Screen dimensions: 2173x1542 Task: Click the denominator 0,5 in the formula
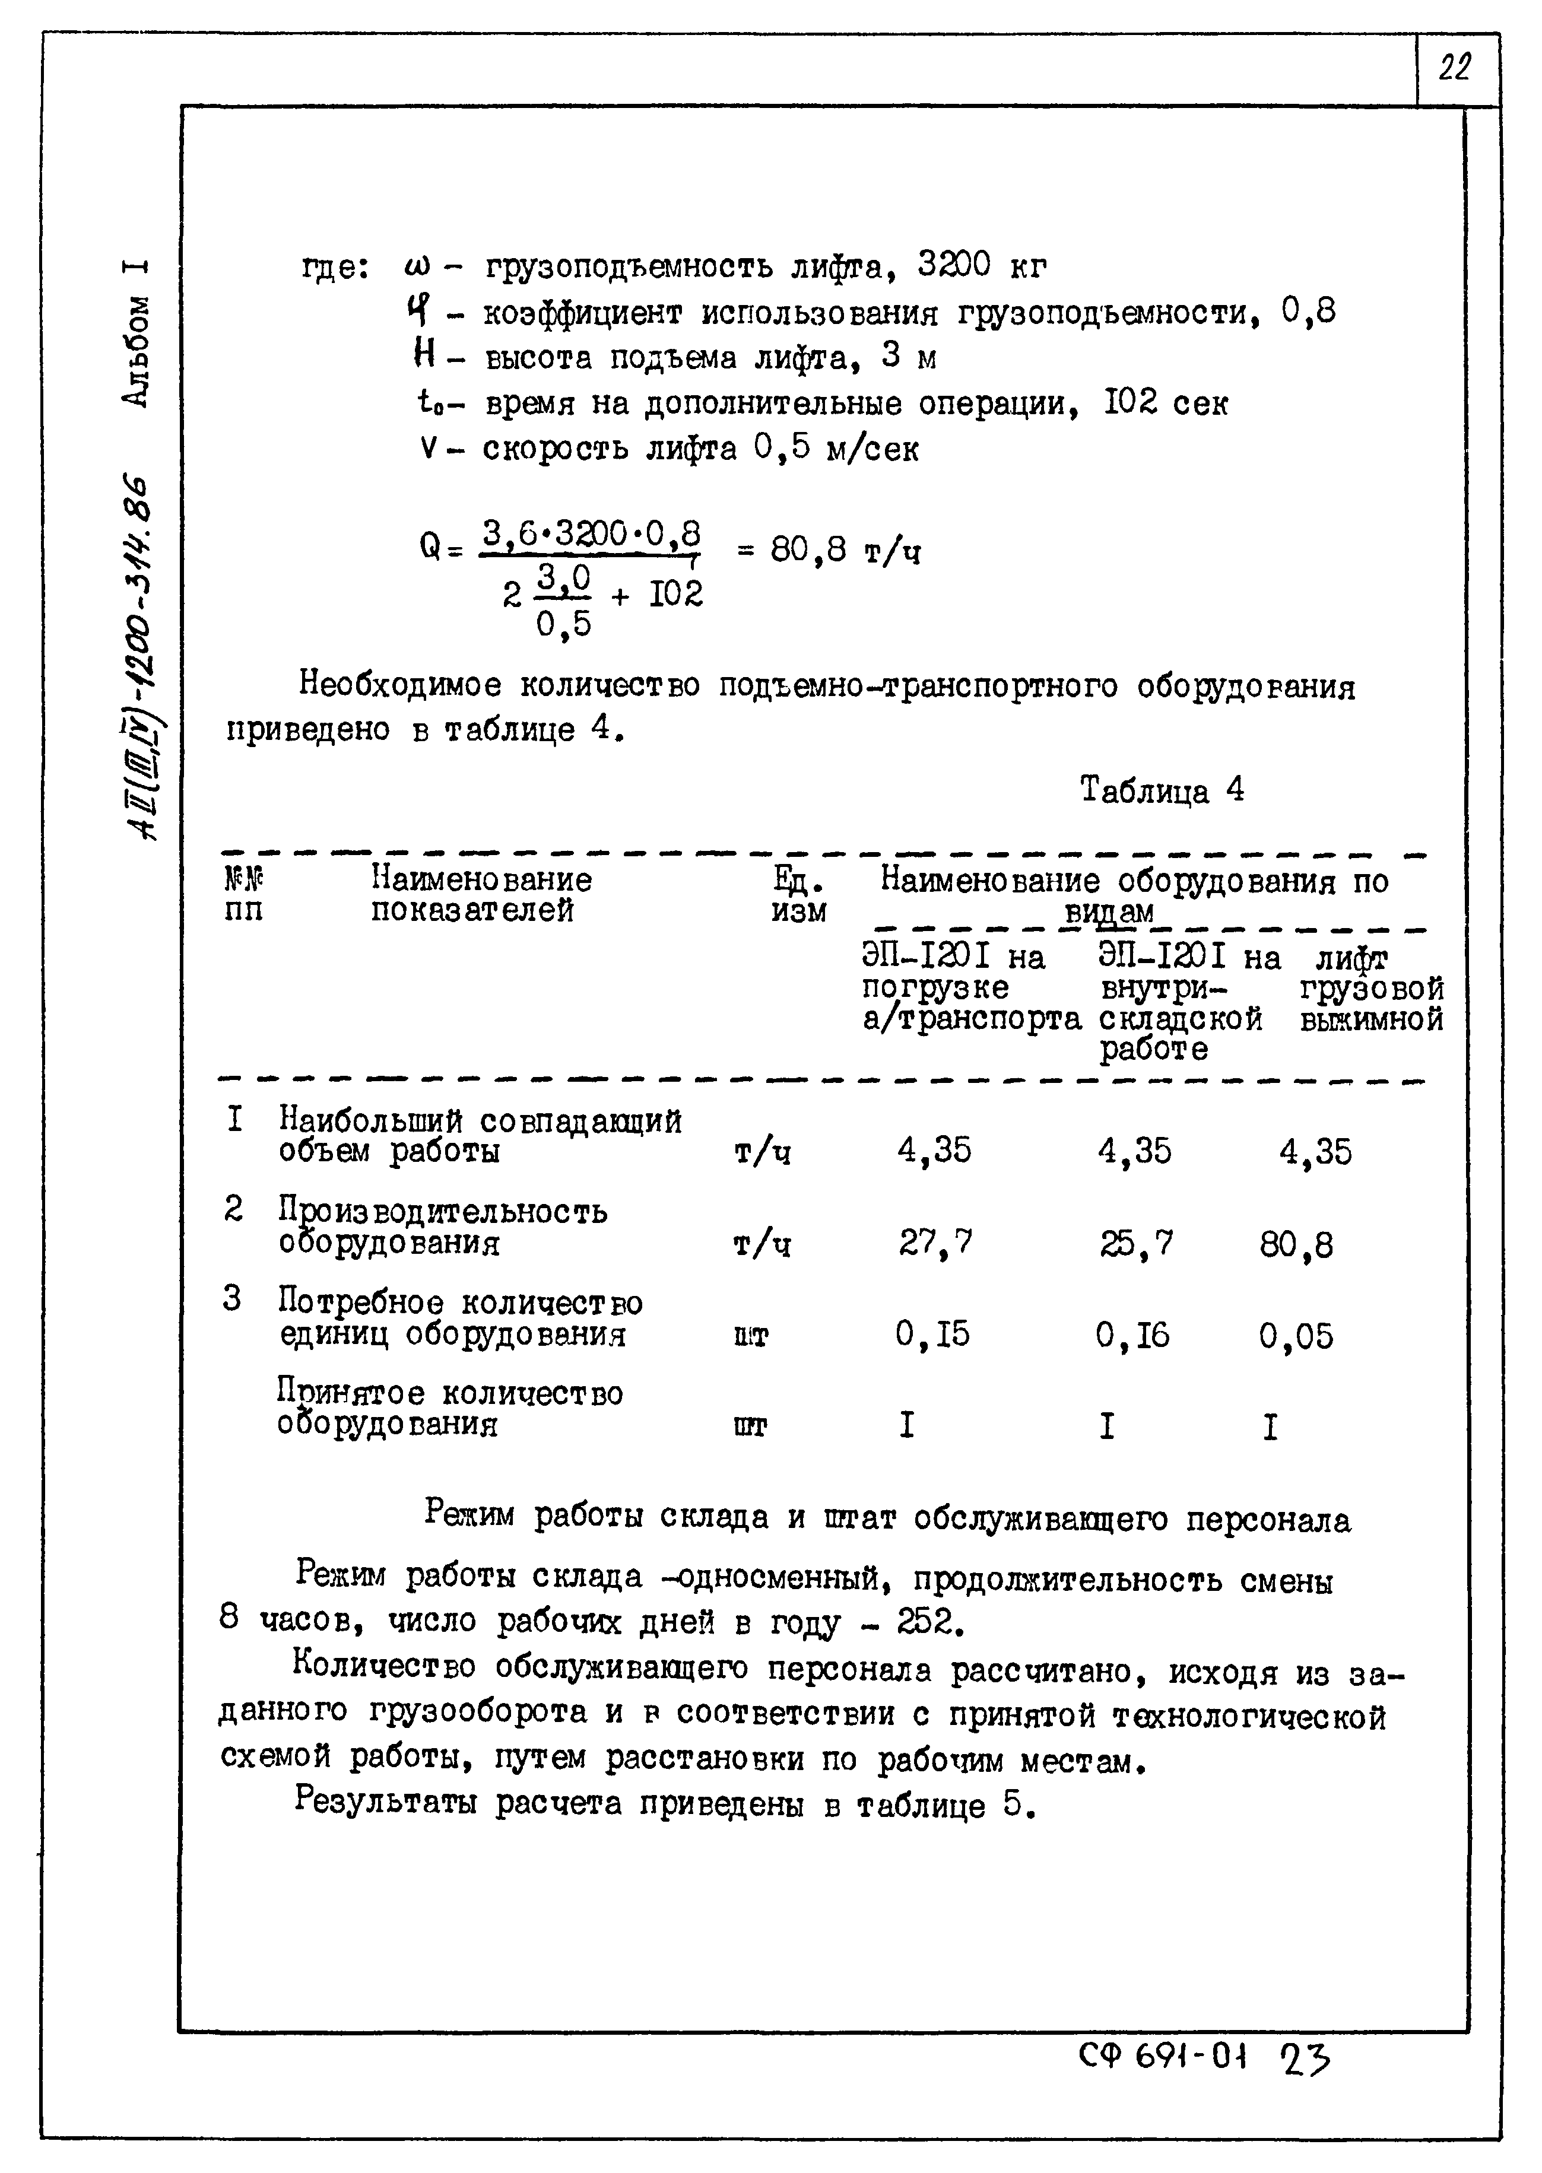564,625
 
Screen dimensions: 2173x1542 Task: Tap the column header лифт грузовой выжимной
1370,989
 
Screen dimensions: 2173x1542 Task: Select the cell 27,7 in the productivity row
935,1243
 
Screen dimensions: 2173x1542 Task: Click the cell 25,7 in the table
1135,1243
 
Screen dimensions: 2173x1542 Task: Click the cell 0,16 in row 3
1132,1335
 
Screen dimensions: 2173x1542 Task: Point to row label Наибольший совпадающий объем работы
480,1135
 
